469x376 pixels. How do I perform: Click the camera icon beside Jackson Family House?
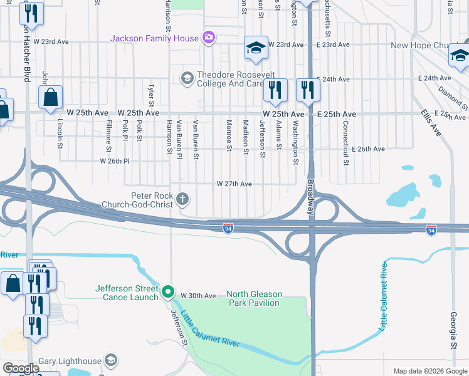coord(209,38)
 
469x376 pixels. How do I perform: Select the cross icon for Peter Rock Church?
coord(182,200)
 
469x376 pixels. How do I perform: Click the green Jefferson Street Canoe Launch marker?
coord(167,292)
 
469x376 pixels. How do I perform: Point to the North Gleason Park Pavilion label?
coord(253,298)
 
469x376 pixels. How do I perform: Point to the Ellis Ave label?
coord(432,123)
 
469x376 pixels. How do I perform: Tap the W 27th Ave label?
coord(234,184)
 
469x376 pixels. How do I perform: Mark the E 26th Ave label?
coord(368,149)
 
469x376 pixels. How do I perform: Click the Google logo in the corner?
coord(20,368)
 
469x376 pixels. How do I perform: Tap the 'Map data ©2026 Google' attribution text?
coord(429,371)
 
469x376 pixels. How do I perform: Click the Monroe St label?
coord(229,134)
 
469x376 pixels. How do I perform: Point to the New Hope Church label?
coord(419,46)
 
